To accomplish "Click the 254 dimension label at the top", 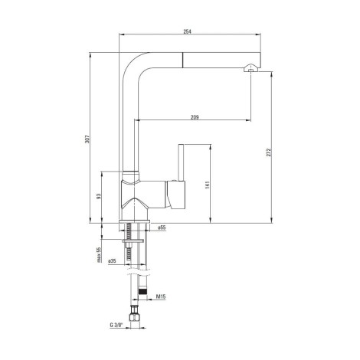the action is click(x=187, y=31).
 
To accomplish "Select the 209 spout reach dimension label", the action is click(x=195, y=117).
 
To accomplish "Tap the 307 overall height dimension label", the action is click(x=87, y=139).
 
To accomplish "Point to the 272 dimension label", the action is click(x=269, y=152).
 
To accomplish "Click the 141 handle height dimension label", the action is click(x=207, y=185).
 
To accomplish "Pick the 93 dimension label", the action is click(x=99, y=196).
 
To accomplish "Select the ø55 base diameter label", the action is click(x=162, y=227).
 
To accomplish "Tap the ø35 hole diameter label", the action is click(x=112, y=261).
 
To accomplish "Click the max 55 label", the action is click(x=99, y=255).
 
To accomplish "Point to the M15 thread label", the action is click(x=161, y=296).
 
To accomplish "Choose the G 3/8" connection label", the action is click(x=116, y=325).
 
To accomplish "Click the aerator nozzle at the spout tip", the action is click(x=250, y=67).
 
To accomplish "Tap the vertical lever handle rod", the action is click(x=181, y=162).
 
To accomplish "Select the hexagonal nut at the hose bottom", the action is click(x=135, y=317).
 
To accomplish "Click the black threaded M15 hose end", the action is click(x=142, y=291).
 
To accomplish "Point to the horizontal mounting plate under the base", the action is click(x=133, y=241).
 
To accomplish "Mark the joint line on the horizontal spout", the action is click(x=183, y=61).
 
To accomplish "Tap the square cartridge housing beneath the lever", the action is click(x=175, y=195).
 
